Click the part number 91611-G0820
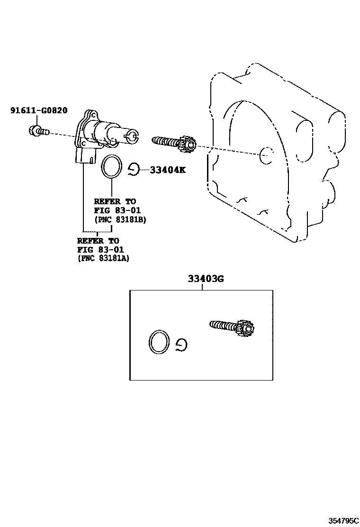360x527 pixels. (x=39, y=110)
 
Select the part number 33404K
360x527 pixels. (x=168, y=170)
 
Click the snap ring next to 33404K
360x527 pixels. (x=133, y=169)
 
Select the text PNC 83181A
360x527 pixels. (x=103, y=258)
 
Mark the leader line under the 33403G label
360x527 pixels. (x=202, y=287)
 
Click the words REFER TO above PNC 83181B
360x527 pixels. (x=115, y=201)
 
